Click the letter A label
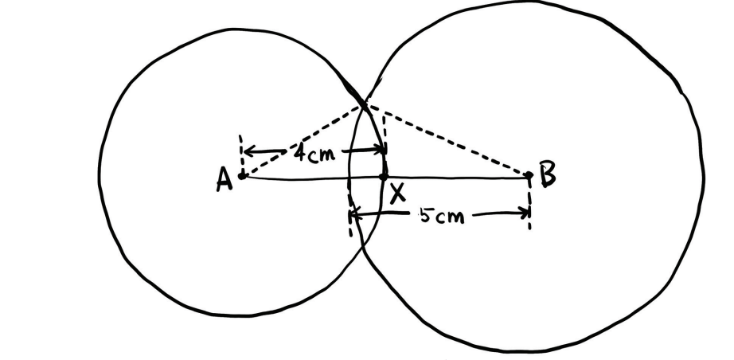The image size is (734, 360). tap(224, 180)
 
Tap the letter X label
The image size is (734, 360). tap(397, 194)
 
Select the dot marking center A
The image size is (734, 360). tap(242, 176)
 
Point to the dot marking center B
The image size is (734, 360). tap(529, 175)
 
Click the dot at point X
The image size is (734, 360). tap(384, 177)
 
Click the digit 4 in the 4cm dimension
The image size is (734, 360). tap(300, 152)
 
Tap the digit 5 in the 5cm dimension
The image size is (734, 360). tap(425, 215)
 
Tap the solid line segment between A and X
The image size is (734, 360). tap(313, 178)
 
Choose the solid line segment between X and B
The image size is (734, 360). tap(456, 177)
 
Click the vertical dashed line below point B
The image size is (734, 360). tap(529, 204)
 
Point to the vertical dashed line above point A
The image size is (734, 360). tap(240, 154)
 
